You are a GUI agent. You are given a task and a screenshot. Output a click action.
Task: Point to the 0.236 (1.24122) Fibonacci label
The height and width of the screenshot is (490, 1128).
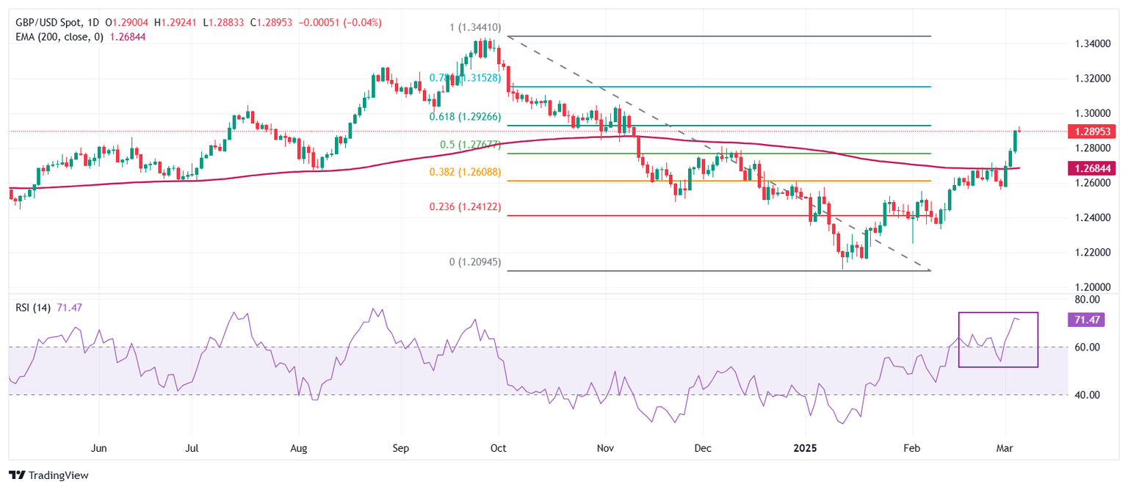click(x=466, y=207)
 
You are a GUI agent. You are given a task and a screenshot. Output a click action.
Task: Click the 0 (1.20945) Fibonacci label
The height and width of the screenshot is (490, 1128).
click(x=470, y=262)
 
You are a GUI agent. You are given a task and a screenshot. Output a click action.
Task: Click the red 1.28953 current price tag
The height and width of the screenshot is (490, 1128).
click(x=1093, y=131)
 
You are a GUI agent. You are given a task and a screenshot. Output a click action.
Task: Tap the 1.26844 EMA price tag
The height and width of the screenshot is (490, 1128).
click(x=1093, y=168)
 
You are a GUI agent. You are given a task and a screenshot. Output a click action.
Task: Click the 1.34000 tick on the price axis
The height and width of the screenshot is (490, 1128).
click(x=1091, y=44)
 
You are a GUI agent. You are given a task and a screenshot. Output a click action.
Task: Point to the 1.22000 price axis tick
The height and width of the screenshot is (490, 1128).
click(x=1091, y=252)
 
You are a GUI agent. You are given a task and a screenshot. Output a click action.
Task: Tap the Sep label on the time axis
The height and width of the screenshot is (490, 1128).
click(x=400, y=447)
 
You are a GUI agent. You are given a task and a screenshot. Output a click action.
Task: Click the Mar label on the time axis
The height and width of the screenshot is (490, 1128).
click(x=1005, y=447)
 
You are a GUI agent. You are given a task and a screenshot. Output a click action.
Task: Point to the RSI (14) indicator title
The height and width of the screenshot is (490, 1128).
click(x=33, y=308)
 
